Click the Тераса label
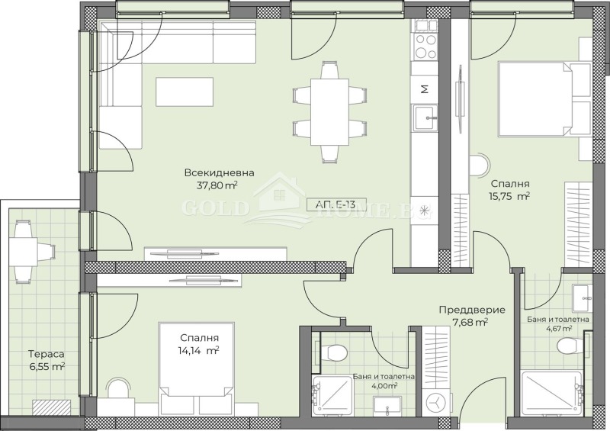click(x=42, y=354)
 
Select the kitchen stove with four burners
click(x=425, y=45)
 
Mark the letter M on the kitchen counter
click(x=425, y=88)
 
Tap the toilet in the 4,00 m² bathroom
click(x=334, y=352)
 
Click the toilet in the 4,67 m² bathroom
click(x=570, y=346)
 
